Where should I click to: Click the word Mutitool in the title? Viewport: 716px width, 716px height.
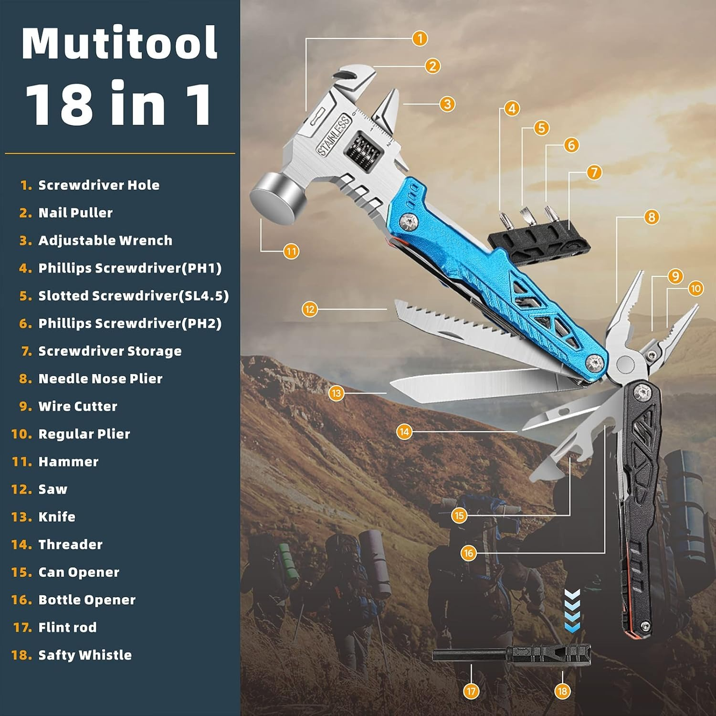pos(119,44)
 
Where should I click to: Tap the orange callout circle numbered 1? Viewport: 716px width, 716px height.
pos(420,38)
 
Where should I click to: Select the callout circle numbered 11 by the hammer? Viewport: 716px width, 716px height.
pos(291,251)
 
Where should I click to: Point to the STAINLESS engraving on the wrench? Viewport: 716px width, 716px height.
pos(334,136)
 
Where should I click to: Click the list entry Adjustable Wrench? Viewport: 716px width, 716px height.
pos(105,241)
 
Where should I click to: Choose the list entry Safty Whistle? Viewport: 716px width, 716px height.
pos(84,655)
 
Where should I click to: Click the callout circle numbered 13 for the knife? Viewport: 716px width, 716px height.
pos(337,393)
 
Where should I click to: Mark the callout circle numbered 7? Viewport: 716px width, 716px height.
pos(594,172)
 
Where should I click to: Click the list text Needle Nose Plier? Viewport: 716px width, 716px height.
pos(100,379)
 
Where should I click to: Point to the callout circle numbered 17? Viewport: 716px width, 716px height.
pos(471,691)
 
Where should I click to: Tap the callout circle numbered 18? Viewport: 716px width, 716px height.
pos(562,691)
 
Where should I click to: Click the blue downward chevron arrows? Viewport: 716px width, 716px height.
pos(572,611)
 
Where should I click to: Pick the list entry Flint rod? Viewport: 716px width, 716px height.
pos(67,627)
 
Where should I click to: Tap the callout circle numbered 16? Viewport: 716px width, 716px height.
pos(468,553)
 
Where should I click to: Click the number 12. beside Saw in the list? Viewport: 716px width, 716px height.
pos(21,489)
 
